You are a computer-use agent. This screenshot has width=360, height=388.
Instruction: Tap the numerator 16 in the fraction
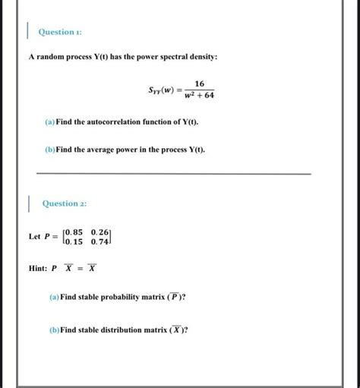199,86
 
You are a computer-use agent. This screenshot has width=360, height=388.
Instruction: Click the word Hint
38,267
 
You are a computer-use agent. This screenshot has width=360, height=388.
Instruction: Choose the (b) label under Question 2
53,330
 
